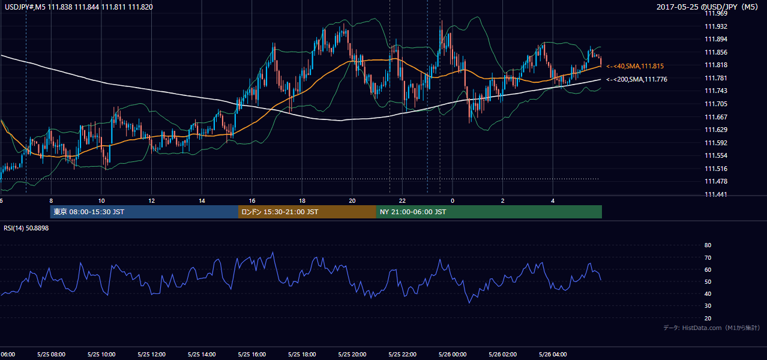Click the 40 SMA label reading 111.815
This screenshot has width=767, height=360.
[x=635, y=66]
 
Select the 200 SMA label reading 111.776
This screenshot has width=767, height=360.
[x=637, y=79]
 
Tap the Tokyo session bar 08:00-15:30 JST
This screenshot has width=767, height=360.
[x=144, y=212]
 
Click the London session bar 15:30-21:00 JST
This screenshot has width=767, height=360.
[x=307, y=212]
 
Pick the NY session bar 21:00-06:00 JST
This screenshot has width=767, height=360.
[x=489, y=212]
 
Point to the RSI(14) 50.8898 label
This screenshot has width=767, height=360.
[x=26, y=228]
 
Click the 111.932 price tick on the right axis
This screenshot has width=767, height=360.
[x=716, y=26]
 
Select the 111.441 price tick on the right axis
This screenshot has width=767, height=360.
[x=716, y=194]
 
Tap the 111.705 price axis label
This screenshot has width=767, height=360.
[x=716, y=104]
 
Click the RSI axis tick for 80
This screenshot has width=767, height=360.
[x=708, y=245]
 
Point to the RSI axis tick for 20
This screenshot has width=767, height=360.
[x=708, y=318]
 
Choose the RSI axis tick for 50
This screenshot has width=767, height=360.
[x=708, y=281]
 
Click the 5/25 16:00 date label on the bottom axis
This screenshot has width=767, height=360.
[x=252, y=354]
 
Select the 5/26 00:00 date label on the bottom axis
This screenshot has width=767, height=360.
[x=453, y=354]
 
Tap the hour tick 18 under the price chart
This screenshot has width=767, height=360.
[x=302, y=201]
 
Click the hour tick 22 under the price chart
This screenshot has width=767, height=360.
[x=402, y=201]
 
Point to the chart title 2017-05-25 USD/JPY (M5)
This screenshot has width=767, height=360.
[x=707, y=7]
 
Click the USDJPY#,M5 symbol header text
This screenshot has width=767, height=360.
[x=25, y=7]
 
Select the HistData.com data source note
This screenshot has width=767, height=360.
[x=712, y=328]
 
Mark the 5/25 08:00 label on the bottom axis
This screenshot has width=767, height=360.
[x=52, y=354]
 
